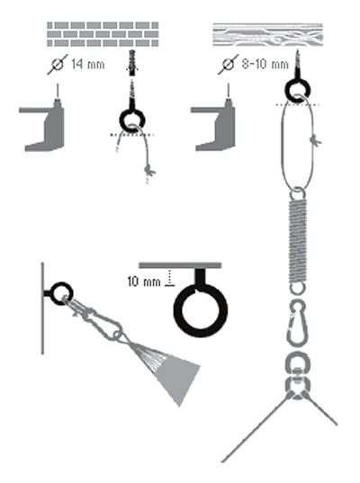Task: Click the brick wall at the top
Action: tap(103, 34)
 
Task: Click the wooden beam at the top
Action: tap(268, 34)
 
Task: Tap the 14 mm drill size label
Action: tap(88, 65)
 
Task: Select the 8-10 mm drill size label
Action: tap(265, 64)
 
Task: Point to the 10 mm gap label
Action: tap(144, 282)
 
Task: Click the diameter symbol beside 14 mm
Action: tap(58, 65)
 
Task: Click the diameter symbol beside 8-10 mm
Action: tap(229, 64)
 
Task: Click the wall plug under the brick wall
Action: tap(132, 63)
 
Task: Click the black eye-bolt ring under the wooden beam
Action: tap(297, 90)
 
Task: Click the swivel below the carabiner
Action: tap(297, 376)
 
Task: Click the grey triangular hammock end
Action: tap(173, 373)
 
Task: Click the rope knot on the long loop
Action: tap(315, 140)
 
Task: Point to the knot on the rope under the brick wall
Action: tap(149, 171)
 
